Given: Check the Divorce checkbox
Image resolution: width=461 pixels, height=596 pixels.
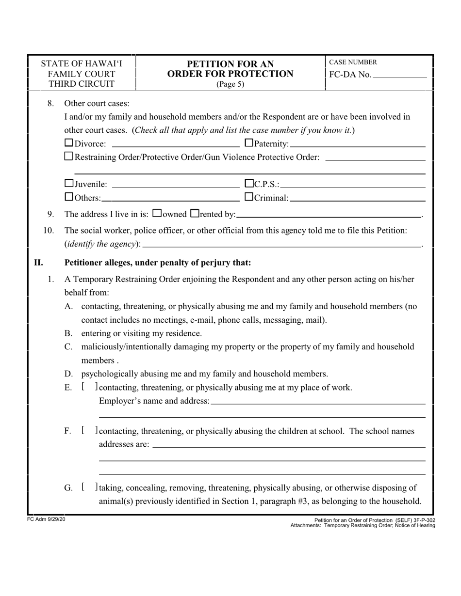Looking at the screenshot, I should pos(69,143).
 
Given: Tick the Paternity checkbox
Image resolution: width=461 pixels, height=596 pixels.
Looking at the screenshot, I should pos(249,143).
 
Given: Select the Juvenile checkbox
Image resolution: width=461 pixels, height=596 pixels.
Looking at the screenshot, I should pos(69,184).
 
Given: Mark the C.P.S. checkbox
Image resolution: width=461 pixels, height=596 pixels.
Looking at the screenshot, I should pos(249,184).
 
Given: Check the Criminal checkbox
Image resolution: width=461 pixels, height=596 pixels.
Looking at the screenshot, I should pos(249,197).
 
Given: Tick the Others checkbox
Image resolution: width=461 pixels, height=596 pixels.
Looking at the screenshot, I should pos(69,197).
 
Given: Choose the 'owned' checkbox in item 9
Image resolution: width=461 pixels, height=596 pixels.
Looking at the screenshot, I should pos(157,213).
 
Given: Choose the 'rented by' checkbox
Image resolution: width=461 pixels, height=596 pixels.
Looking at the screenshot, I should pos(195,213).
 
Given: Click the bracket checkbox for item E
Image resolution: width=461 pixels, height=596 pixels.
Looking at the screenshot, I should pos(90,387).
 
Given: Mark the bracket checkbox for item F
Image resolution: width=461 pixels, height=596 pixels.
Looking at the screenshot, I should pos(90,431).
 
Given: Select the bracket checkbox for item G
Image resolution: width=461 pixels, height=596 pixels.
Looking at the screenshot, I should pos(90,487).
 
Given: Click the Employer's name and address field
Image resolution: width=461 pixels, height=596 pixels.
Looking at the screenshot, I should pos(318,402).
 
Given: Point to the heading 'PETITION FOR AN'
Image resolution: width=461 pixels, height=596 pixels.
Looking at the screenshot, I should pos(230,64).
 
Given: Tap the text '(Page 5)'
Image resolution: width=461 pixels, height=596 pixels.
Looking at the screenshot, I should pos(230,84).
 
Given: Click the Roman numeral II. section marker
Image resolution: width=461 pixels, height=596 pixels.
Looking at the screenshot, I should pos(38,263).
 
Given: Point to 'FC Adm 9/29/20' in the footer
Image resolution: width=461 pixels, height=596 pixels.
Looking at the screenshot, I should pos(46,519).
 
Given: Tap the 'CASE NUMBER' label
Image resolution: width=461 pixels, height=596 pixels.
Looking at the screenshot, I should pos(353,63).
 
